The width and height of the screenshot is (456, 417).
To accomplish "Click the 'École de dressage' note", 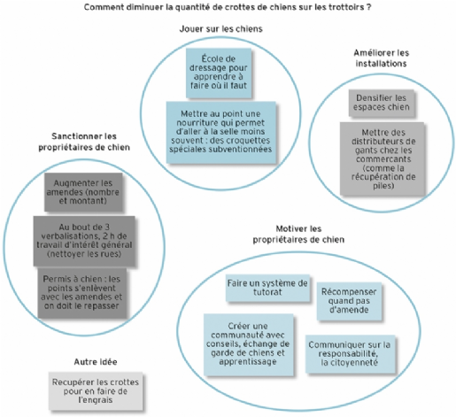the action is (219, 73).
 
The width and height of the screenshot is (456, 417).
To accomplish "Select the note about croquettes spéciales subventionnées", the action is (221, 132).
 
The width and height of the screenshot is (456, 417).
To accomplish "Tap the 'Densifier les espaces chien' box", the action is (382, 103).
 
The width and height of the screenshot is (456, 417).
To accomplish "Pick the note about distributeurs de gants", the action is (383, 158).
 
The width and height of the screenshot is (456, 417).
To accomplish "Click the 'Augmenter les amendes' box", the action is (83, 192).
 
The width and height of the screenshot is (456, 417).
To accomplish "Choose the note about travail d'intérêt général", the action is (84, 241).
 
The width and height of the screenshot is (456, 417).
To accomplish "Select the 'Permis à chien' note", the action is (82, 293).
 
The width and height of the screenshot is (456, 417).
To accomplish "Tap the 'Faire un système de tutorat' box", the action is (267, 288).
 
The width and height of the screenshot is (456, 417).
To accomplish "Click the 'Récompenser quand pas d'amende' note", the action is (349, 301).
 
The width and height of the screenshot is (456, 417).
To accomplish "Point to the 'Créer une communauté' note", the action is (249, 344).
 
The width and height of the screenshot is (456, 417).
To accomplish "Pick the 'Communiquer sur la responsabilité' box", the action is (350, 354).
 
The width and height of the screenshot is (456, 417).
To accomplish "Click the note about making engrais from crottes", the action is (96, 391).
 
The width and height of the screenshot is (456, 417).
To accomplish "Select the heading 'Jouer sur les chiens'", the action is (221, 29).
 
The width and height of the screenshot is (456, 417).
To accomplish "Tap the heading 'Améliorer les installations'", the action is (382, 58).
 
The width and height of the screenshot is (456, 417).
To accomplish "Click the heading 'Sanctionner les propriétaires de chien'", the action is (84, 142).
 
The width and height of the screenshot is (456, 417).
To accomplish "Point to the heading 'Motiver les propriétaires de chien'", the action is (298, 234).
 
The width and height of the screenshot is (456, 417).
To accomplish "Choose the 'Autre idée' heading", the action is (96, 362).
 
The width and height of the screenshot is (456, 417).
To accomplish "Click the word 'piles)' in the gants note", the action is (383, 186).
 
